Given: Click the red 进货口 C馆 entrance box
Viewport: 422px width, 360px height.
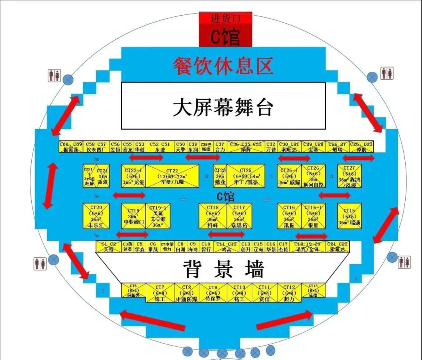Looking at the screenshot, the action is point(225,29).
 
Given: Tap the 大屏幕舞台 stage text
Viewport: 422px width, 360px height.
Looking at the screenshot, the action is point(223,106).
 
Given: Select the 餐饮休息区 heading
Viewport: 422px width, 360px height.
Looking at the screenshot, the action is point(223,65).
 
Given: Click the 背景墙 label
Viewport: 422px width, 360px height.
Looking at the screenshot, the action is point(224,269).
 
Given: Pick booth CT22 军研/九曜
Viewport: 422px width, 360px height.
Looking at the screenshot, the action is point(172,176).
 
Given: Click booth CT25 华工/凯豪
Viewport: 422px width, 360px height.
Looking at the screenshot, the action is point(246,176).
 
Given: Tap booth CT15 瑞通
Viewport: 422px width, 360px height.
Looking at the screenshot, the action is point(349,216).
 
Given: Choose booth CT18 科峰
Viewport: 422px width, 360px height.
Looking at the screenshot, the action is point(213,216).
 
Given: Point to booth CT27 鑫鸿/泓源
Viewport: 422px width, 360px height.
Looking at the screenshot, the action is point(349,176).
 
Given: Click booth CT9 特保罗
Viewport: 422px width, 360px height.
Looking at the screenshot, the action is point(213,293).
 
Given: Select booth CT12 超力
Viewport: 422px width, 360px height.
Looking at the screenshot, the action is point(289,293).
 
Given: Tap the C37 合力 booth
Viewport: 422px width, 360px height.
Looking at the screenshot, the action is point(220,147).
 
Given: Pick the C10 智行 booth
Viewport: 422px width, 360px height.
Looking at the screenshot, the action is point(206,246).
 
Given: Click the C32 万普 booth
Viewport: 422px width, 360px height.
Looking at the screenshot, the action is point(271,147).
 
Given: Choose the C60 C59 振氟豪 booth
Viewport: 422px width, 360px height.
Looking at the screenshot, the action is point(71,147).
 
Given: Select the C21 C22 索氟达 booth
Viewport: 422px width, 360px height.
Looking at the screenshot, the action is point(338,246).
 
